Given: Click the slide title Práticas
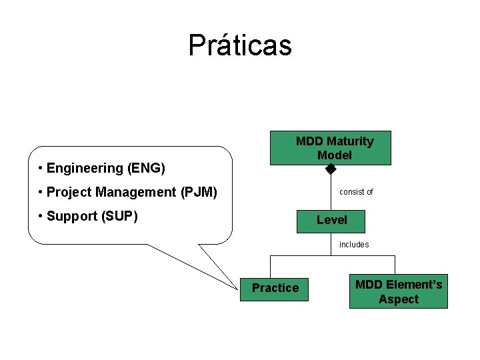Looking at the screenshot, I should [x=240, y=45].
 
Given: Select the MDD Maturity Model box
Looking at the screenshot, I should [x=331, y=147].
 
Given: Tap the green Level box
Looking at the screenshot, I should [x=331, y=219].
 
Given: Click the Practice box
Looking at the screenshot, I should [x=275, y=288].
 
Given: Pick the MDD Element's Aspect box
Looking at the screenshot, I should [x=398, y=292].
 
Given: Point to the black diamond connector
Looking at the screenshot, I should [x=331, y=169].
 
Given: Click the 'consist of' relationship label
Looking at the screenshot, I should [x=356, y=192].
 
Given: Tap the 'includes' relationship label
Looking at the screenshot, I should [x=353, y=245].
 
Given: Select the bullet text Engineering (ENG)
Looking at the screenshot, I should [x=105, y=168].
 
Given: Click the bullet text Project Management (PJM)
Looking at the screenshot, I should [x=131, y=193].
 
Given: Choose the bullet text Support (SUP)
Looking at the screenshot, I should [x=91, y=216].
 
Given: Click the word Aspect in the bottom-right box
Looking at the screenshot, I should [x=399, y=299].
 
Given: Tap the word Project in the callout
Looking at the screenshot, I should [x=69, y=193].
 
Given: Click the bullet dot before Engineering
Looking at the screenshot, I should [x=41, y=168].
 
